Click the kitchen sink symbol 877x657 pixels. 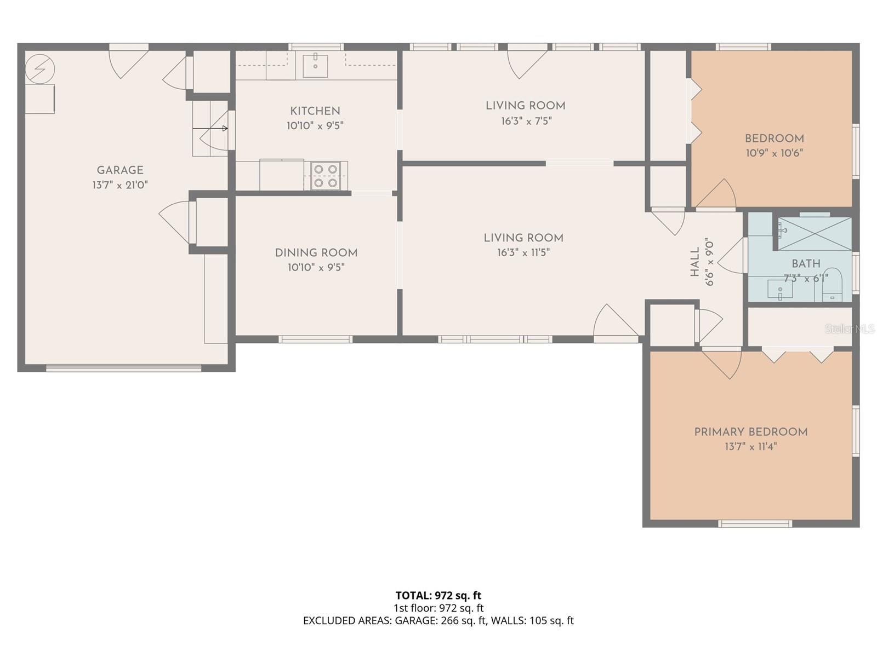(315, 66)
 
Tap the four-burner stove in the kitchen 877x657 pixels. (326, 176)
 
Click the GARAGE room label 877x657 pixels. (120, 170)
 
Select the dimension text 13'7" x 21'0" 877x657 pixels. (120, 185)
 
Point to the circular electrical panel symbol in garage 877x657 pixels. (40, 68)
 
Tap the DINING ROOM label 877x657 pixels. (316, 253)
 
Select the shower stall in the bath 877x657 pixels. (815, 234)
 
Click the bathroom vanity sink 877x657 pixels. (780, 289)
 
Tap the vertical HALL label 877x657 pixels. (695, 262)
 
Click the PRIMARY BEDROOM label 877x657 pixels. (750, 432)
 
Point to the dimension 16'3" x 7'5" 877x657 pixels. (526, 121)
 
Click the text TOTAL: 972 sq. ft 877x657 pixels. (438, 595)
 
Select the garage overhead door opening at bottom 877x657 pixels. (123, 368)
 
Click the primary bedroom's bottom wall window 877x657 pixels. (755, 524)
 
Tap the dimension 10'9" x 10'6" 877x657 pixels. (774, 153)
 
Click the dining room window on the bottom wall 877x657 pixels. (315, 339)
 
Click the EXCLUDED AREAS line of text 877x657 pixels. (438, 621)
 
